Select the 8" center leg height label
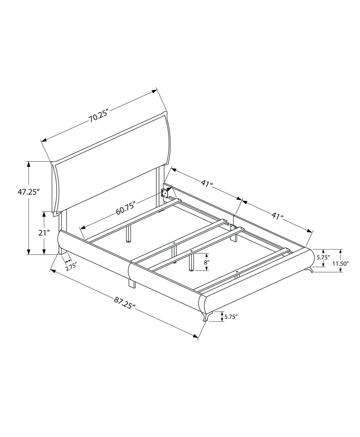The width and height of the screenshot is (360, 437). tap(206, 262)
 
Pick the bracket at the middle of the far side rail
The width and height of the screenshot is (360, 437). tap(233, 228)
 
